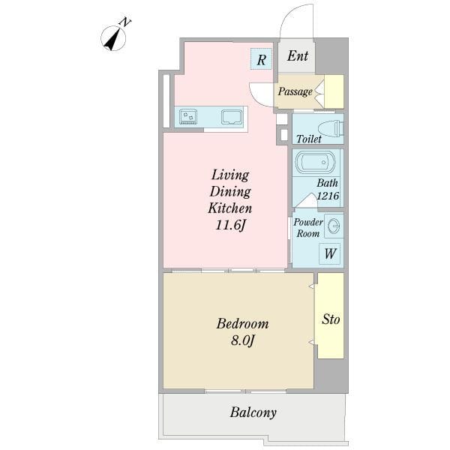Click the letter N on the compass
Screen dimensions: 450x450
click(125, 22)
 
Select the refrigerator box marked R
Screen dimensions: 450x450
click(261, 58)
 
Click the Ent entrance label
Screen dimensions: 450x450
click(298, 55)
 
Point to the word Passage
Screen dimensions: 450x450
click(295, 91)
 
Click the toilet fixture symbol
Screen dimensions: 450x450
click(331, 128)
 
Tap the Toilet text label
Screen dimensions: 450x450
click(309, 139)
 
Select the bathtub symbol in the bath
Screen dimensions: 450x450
click(316, 163)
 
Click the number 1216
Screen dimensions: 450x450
click(328, 196)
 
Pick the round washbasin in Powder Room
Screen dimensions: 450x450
click(334, 226)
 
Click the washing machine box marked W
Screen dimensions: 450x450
click(330, 253)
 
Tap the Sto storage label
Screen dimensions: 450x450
click(331, 319)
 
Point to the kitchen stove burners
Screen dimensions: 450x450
click(188, 117)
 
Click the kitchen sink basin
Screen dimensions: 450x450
click(231, 117)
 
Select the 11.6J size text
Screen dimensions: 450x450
click(230, 225)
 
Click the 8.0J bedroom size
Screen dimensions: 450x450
click(243, 341)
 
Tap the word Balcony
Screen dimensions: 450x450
click(253, 412)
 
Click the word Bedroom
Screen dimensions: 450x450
click(243, 324)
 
